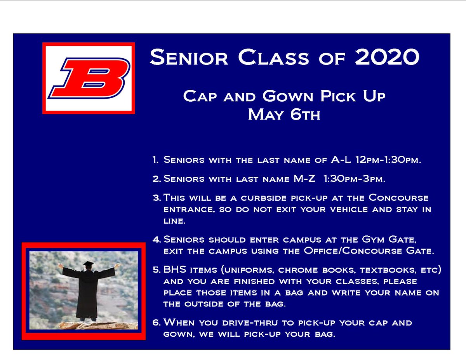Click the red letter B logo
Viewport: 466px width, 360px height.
[89, 78]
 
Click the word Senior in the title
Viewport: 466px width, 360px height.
[190, 57]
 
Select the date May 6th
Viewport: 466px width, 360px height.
[284, 115]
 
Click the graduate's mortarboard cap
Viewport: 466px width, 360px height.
[88, 264]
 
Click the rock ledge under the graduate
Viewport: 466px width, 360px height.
[89, 325]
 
